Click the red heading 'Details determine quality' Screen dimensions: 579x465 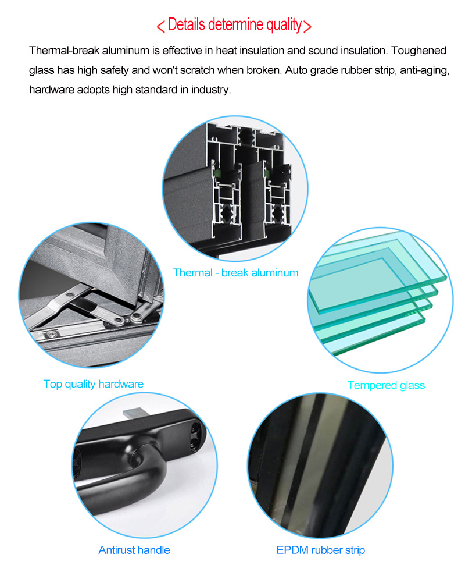(x=234, y=25)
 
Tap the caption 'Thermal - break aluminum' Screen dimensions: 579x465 (x=235, y=272)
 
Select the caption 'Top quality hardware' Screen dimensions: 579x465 (x=93, y=383)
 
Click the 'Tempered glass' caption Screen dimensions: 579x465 (x=386, y=385)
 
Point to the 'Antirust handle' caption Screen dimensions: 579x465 (x=134, y=550)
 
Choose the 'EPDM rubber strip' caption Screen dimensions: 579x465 (x=321, y=550)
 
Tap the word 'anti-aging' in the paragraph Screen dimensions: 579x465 (x=413, y=70)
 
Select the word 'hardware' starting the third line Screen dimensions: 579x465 (x=52, y=90)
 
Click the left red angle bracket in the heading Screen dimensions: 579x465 (x=161, y=26)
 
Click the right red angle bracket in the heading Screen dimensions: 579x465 (x=307, y=26)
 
